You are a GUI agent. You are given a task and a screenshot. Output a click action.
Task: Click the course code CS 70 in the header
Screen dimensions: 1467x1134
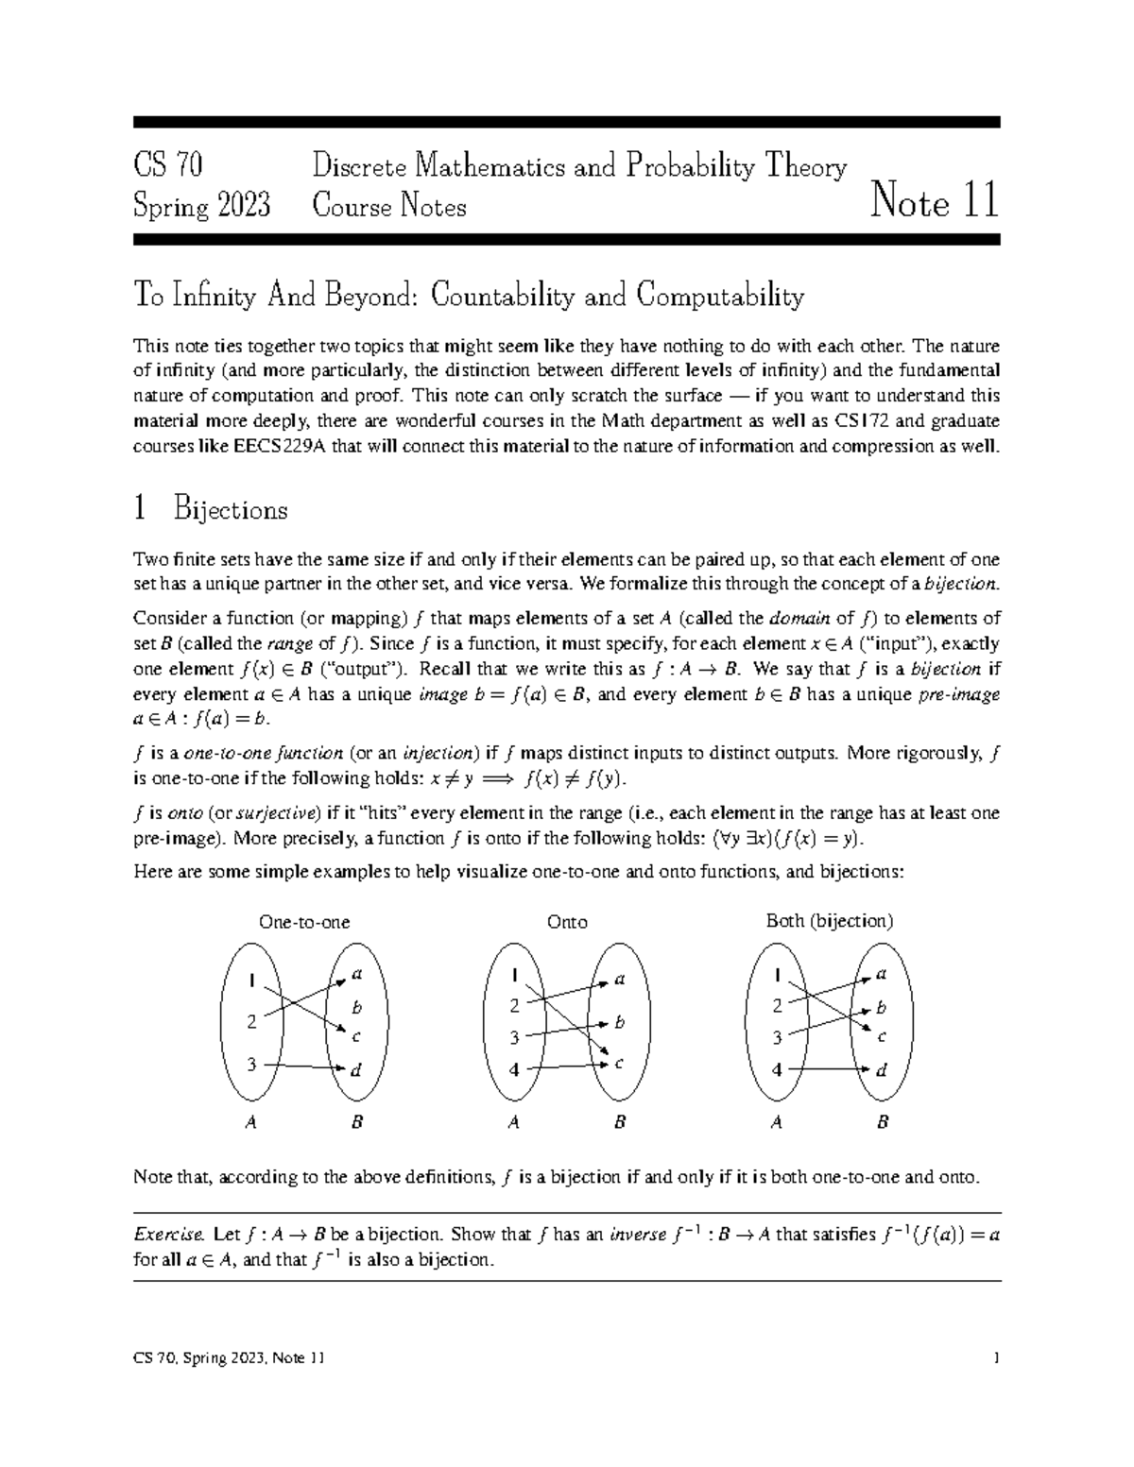[x=168, y=167]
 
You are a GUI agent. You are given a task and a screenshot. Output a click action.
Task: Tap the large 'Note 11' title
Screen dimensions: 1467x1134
[x=935, y=201]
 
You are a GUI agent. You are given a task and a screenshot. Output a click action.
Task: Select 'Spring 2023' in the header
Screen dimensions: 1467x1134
[x=202, y=205]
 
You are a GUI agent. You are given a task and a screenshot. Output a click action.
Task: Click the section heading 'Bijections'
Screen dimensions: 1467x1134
[x=230, y=510]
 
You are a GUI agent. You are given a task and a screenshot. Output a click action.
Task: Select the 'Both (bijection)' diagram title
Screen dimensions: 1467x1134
[x=829, y=921]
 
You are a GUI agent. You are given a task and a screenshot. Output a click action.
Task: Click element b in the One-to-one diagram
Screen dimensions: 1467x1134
[x=356, y=1008]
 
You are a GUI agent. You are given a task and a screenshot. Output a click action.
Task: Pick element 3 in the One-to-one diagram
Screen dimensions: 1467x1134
[x=251, y=1065]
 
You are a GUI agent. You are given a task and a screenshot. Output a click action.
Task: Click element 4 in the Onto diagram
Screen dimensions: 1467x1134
[x=514, y=1070]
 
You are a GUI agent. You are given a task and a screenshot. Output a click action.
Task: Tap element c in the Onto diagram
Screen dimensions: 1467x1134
[x=619, y=1064]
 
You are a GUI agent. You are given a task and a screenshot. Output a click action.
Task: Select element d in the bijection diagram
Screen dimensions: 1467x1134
[x=881, y=1071]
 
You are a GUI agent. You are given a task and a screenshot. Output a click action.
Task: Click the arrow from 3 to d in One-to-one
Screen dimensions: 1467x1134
[x=302, y=1066]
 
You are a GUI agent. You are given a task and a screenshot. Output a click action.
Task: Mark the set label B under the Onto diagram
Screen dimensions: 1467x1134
[x=620, y=1123]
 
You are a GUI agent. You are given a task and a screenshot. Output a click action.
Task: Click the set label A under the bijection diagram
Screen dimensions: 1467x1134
[x=776, y=1123]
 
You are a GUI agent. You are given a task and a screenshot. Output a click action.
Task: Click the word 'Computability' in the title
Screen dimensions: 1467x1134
[x=720, y=297]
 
